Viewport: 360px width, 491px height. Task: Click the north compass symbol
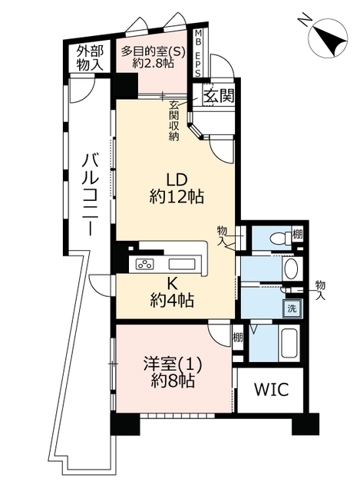[x=328, y=38]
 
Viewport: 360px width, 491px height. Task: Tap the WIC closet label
[x=271, y=389]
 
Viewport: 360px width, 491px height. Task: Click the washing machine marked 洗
[x=292, y=308]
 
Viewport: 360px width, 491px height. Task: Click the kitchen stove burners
[x=145, y=264]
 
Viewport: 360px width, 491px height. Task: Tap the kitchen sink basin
[x=183, y=264]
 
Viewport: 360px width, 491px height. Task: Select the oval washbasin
[x=292, y=268]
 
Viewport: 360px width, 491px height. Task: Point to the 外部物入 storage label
[x=90, y=58]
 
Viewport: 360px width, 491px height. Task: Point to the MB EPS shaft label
[x=198, y=53]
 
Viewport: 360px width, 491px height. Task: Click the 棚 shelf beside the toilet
[x=297, y=234]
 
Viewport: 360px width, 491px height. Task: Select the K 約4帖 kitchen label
[x=171, y=292]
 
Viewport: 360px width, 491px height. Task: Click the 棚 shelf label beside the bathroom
[x=237, y=338]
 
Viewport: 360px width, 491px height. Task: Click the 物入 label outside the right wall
[x=320, y=290]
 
